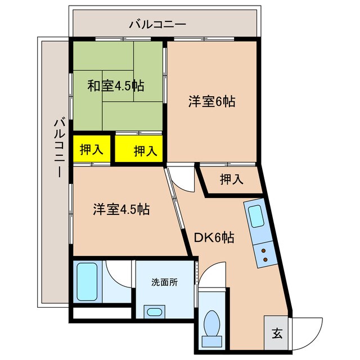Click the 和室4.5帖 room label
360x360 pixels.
(x=115, y=86)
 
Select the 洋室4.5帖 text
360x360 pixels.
(x=121, y=209)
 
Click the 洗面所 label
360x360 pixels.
(x=164, y=282)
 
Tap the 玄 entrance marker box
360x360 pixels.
(x=277, y=331)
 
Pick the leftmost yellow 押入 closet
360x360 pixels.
(x=91, y=150)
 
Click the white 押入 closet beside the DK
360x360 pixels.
(x=231, y=179)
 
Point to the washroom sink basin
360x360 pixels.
(x=154, y=312)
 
